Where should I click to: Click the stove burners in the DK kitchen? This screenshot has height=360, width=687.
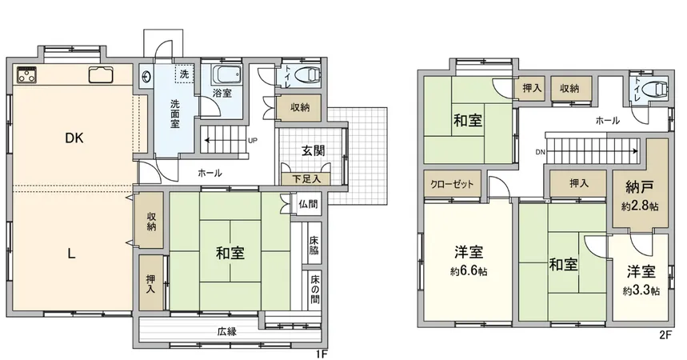click(x=27, y=77)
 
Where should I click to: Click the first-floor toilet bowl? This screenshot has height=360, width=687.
click(x=306, y=76)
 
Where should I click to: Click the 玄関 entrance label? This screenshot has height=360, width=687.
click(x=312, y=150)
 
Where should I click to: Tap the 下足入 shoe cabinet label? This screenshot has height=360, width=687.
click(x=302, y=179)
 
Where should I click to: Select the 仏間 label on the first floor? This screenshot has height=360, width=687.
click(x=309, y=204)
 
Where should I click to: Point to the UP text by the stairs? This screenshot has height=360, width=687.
click(x=253, y=141)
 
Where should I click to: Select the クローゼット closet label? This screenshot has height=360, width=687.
click(x=452, y=184)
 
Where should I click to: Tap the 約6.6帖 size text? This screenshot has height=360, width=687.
click(x=468, y=270)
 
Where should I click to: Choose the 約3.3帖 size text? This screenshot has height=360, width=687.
click(x=642, y=290)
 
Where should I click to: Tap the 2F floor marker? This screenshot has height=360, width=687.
click(x=665, y=334)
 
